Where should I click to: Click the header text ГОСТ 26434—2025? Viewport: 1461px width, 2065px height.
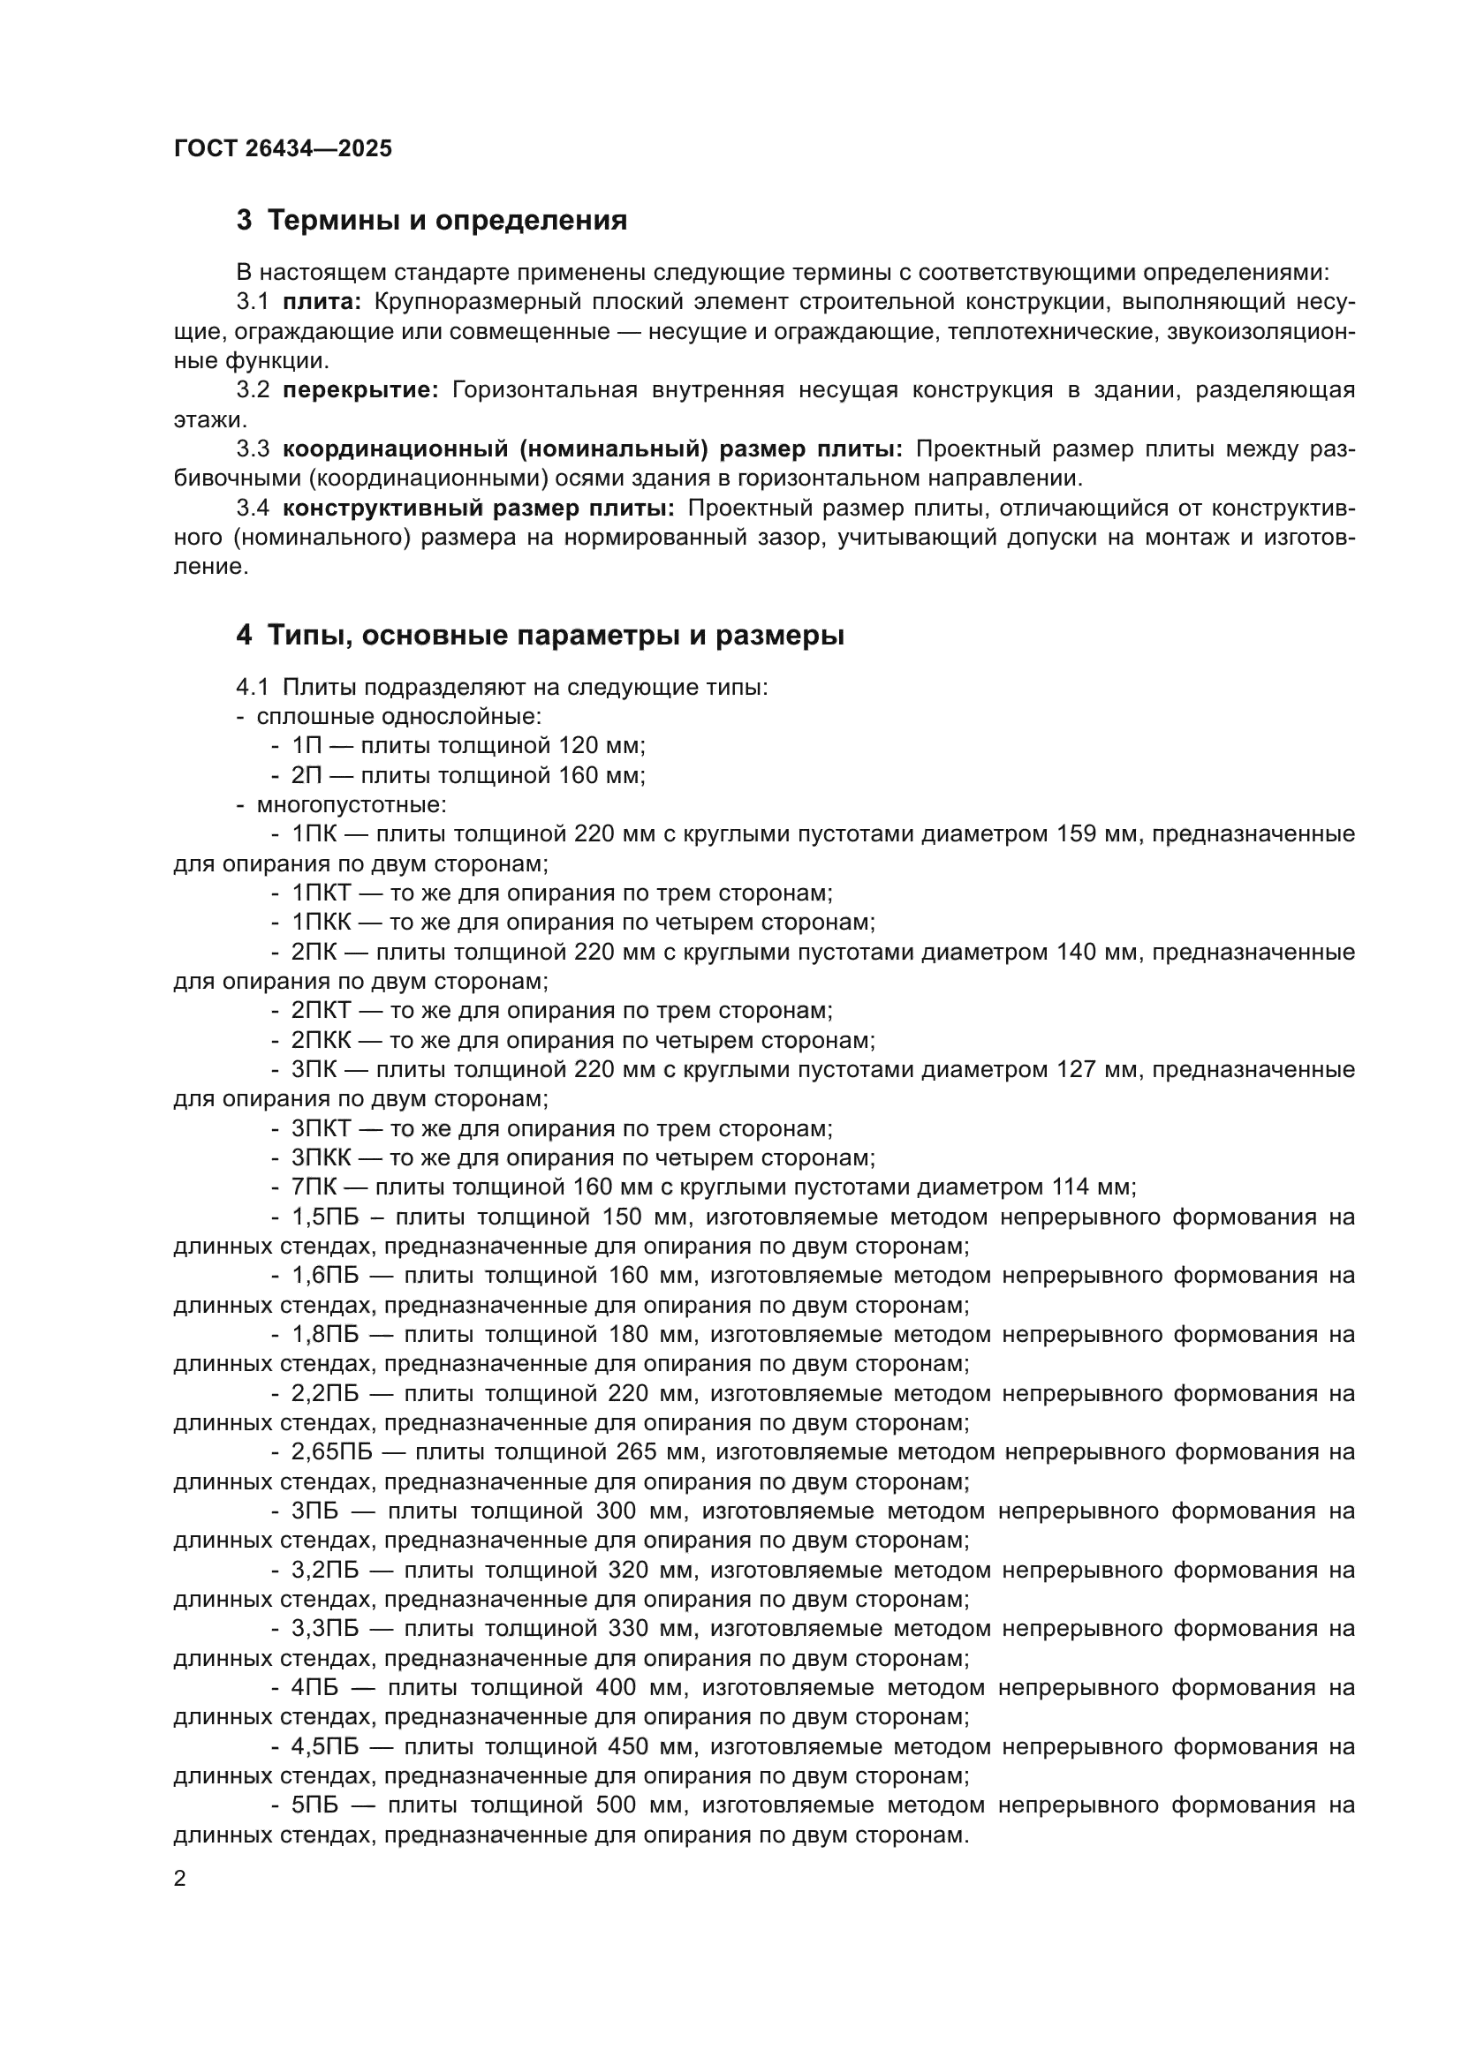pyautogui.click(x=283, y=148)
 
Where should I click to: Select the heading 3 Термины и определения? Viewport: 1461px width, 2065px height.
pyautogui.click(x=432, y=221)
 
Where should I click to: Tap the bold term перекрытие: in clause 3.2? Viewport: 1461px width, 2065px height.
pyautogui.click(x=360, y=390)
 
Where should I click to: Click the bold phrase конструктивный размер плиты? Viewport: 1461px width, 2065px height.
pyautogui.click(x=478, y=509)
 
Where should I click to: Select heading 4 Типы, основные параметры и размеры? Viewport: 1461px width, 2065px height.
pyautogui.click(x=540, y=636)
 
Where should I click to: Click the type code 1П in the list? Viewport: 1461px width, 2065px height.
pyautogui.click(x=306, y=746)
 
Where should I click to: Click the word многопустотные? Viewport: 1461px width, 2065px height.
pyautogui.click(x=351, y=804)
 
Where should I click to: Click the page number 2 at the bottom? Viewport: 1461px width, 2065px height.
pyautogui.click(x=180, y=1879)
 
